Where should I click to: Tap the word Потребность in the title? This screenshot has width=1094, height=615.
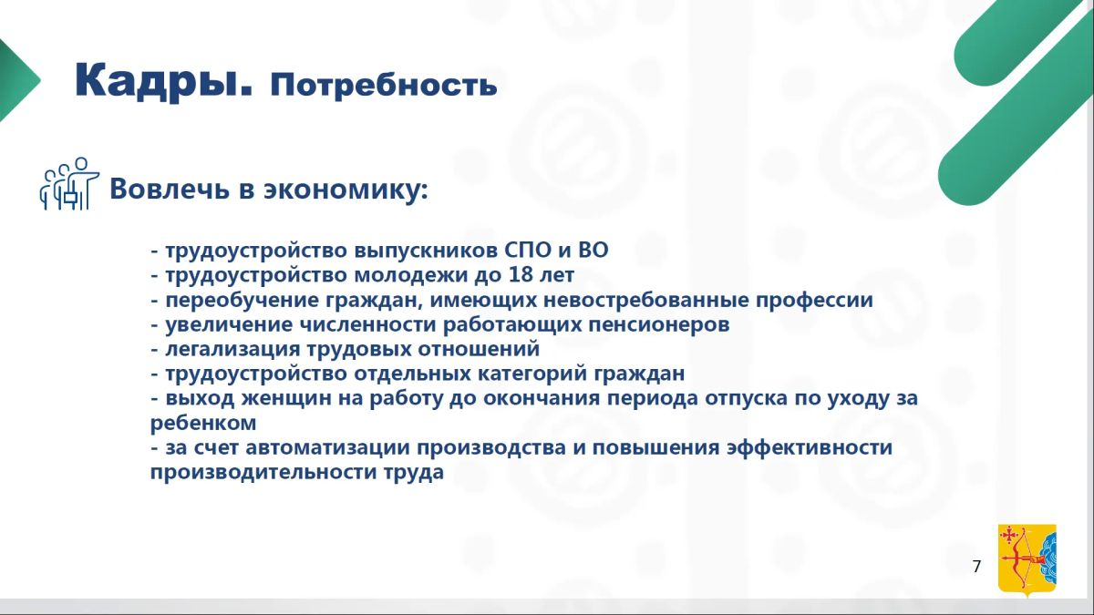coord(384,86)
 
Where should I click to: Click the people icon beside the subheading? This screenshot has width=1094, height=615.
coord(69,183)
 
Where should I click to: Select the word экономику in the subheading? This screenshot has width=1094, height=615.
coord(346,190)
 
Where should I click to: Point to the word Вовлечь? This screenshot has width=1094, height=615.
coord(170,189)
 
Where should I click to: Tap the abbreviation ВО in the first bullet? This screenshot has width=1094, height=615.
coord(593,250)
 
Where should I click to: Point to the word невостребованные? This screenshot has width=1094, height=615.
coord(646,300)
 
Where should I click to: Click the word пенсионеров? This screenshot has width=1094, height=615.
coord(659,325)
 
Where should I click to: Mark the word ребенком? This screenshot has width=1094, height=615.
coord(203,423)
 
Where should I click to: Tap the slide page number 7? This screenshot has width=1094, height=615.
coord(976,566)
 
